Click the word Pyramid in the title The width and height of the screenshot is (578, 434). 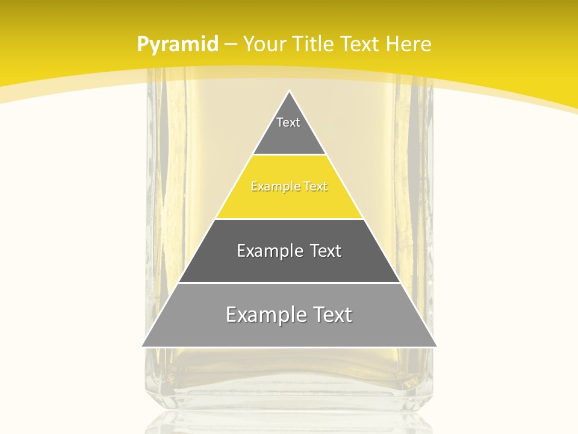[x=177, y=45]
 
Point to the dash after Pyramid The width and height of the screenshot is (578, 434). [x=230, y=45]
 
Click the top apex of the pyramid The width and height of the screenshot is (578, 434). [x=290, y=92]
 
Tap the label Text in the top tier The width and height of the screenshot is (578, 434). [x=288, y=122]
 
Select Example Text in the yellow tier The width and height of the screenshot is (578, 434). [x=289, y=187]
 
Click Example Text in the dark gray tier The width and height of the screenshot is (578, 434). [x=289, y=251]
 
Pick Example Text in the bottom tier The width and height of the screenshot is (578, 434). [x=289, y=315]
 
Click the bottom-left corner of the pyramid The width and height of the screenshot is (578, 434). [x=143, y=346]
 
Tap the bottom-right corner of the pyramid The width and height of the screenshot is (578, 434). [x=436, y=346]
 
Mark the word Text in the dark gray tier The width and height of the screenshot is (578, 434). [x=324, y=251]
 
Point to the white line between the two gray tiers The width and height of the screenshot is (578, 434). [x=289, y=283]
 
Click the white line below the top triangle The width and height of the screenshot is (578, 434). [x=289, y=155]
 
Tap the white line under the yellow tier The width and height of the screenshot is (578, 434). [x=289, y=219]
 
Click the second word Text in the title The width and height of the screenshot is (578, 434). [x=361, y=44]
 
